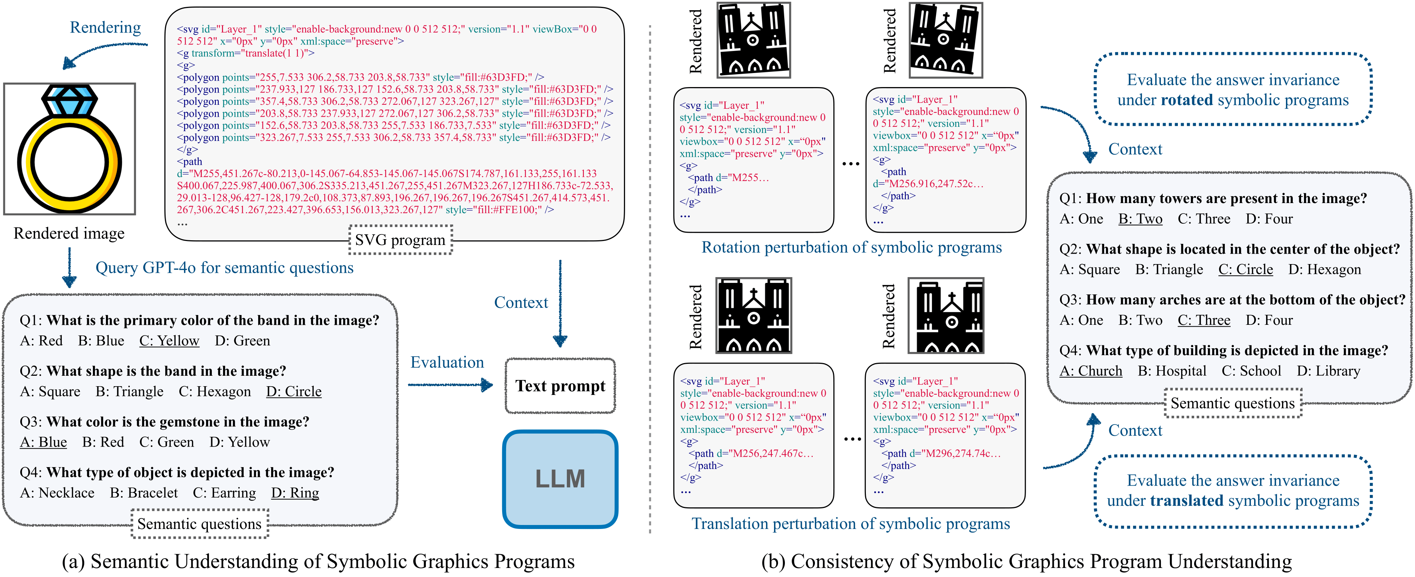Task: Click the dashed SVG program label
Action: pos(401,240)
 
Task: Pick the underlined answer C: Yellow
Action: pos(169,341)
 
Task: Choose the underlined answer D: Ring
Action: pos(295,493)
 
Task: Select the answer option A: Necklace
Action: pos(57,493)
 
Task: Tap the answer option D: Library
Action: pos(1328,371)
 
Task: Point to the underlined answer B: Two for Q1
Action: pos(1140,219)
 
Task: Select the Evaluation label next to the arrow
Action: pos(447,362)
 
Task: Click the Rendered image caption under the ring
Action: pos(69,233)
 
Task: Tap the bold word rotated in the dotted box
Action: pos(1187,100)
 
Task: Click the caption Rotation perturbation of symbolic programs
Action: pos(851,247)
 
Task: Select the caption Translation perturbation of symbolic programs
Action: pos(850,524)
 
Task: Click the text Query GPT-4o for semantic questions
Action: pos(224,268)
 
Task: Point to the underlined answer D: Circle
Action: pos(294,391)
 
